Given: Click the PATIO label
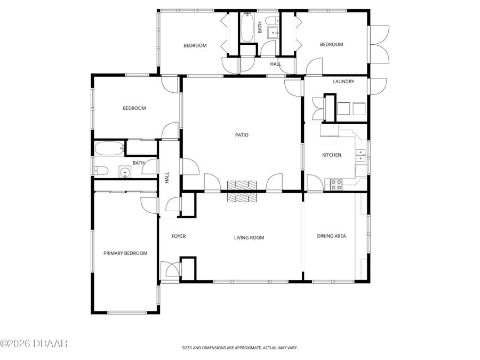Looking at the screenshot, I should pos(242,135).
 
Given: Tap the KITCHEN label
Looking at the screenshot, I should pos(331,155).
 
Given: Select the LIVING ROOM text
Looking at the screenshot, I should pos(249,238).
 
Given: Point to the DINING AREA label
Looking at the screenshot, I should pos(331,236).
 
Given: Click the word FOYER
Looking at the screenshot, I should pos(178,236).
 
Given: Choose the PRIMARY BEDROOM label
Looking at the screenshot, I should pos(125,253).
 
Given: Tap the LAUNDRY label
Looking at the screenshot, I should pos(343,82).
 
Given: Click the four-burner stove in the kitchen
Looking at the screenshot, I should pos(336,185).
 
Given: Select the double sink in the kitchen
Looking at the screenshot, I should pos(361,155).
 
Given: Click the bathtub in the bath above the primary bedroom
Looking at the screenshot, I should pos(109,148).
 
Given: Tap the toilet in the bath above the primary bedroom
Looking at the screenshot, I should pos(102,171).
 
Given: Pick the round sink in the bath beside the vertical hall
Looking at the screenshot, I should pos(125,172).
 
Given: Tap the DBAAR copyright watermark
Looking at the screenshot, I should pos(34,343).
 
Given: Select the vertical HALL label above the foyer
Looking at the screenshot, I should pos(167,177).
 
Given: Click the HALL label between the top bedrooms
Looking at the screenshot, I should pos(275,64).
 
